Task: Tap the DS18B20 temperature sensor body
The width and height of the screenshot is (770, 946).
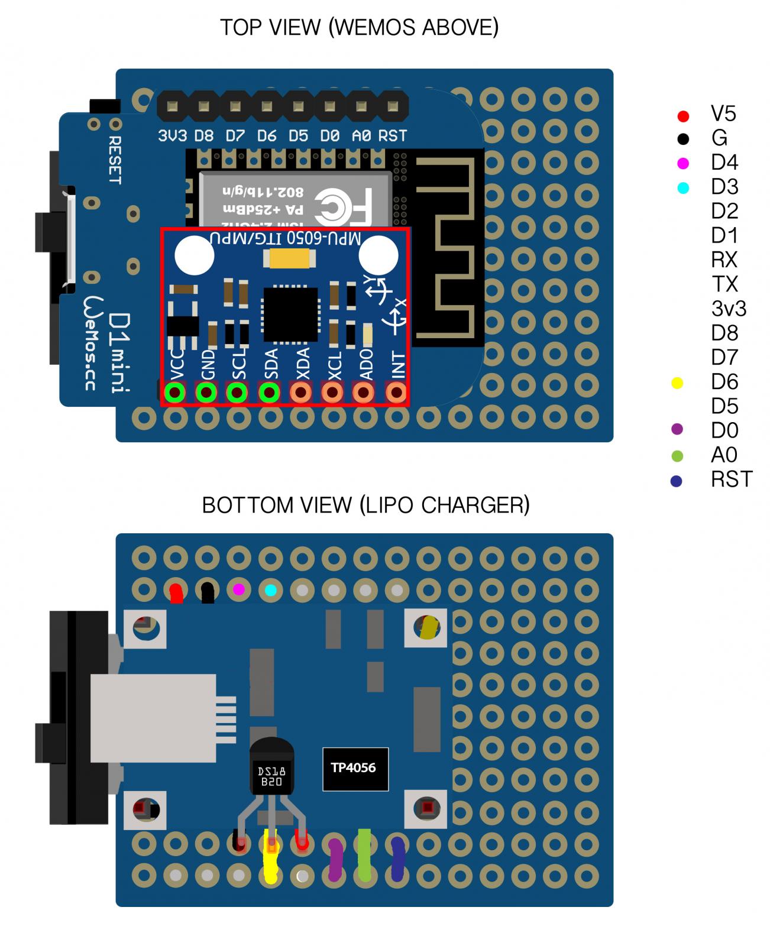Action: pos(271,769)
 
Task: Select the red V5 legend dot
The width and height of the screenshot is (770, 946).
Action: pos(683,116)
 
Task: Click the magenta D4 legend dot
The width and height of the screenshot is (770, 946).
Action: pos(683,163)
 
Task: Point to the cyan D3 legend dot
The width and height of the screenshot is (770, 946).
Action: pos(683,188)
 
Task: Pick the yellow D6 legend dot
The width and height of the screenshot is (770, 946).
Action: pos(678,383)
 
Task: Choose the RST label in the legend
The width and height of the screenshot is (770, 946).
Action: pos(731,480)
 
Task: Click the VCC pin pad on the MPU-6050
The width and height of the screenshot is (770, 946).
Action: pos(174,392)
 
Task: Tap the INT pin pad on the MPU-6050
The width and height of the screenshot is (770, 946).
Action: pos(396,392)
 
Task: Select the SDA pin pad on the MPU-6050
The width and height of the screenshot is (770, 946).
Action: pos(270,392)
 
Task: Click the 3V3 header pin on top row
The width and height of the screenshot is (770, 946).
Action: pos(172,107)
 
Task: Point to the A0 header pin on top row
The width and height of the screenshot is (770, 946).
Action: pos(361,107)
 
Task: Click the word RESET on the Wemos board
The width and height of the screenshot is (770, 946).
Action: pos(115,160)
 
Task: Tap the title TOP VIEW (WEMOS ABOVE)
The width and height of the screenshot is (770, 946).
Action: pos(359,28)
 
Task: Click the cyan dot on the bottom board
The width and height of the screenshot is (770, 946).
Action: pos(271,589)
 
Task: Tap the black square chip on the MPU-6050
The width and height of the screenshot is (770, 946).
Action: pos(290,315)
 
